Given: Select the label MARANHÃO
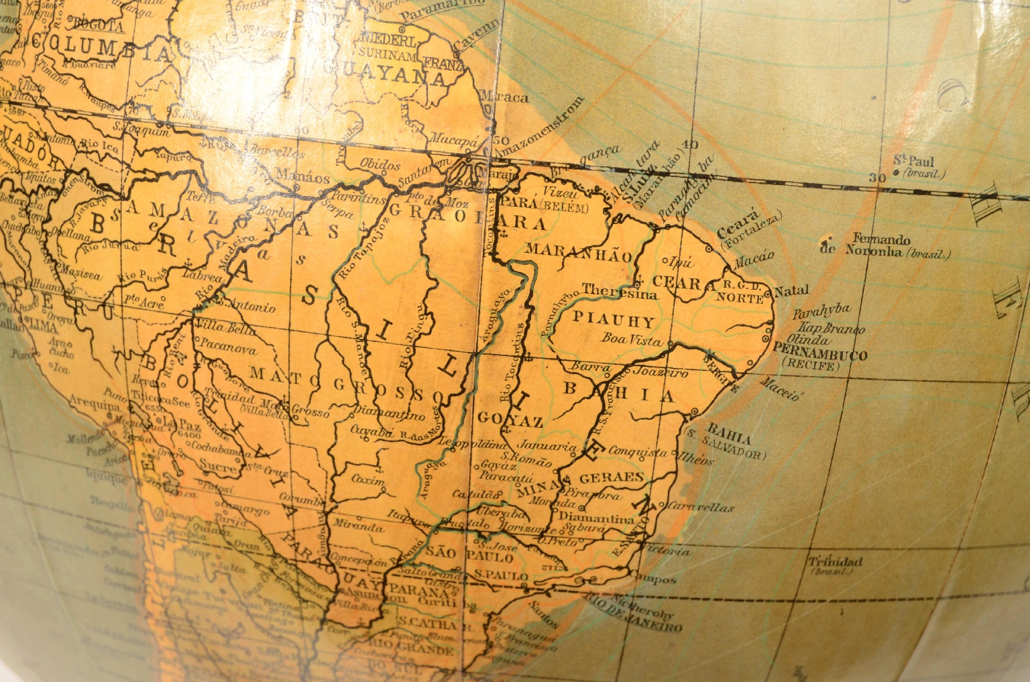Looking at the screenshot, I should coord(579,253).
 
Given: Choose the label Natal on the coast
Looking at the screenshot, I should coord(791,291).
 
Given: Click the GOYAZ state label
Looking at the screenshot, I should coord(510,420).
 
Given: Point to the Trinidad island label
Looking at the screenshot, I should coord(835,562).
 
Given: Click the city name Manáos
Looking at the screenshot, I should coord(309,178).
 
